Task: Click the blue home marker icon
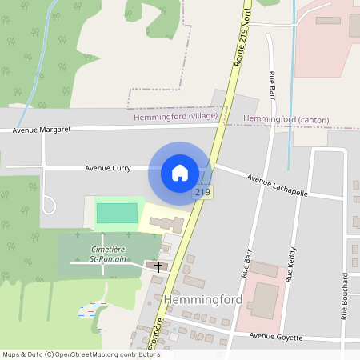click(180, 172)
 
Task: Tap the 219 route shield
click(202, 193)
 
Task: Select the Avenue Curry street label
click(108, 168)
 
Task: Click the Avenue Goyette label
click(276, 337)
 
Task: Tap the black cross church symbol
click(158, 266)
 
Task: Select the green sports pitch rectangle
click(117, 213)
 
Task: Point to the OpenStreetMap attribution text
click(81, 354)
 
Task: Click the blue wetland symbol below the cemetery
click(91, 309)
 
